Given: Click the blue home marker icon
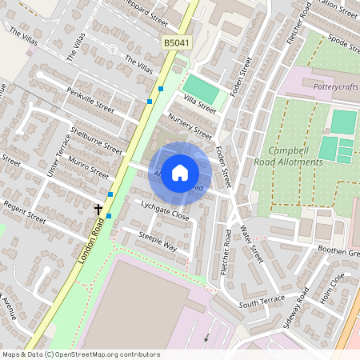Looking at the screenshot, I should click(x=180, y=173).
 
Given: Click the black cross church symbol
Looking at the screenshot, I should click(x=99, y=210).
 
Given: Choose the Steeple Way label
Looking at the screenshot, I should click(x=158, y=242).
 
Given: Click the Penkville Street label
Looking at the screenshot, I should click(x=91, y=102).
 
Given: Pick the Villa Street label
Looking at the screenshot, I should click(x=200, y=102).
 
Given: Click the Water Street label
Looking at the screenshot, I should click(x=251, y=244).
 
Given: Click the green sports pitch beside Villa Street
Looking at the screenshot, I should click(x=200, y=87).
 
